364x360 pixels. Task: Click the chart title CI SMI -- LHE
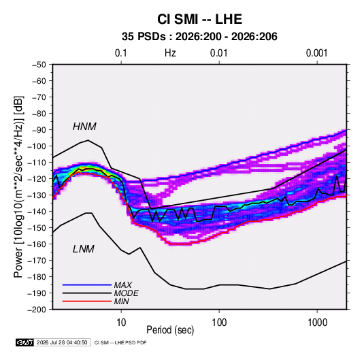pos(199,19)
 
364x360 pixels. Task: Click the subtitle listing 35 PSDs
pos(199,37)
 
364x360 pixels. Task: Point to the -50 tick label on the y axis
pos(39,65)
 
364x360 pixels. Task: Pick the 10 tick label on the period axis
pos(121,323)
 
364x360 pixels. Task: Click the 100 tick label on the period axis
pos(219,323)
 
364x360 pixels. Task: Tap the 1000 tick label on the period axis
pos(317,323)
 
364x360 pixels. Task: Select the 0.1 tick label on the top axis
pos(121,53)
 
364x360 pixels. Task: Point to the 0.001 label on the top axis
pos(317,53)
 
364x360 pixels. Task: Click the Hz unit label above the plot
pos(170,53)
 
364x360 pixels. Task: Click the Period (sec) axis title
pos(170,330)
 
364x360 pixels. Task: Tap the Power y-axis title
pos(18,187)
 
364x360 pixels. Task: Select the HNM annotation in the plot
pos(84,127)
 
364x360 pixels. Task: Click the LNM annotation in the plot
pos(84,249)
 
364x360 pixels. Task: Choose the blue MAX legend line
pos(87,285)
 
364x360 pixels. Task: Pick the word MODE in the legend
pos(127,293)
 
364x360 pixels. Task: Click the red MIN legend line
pos(87,301)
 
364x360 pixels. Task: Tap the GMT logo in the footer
pos(25,342)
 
